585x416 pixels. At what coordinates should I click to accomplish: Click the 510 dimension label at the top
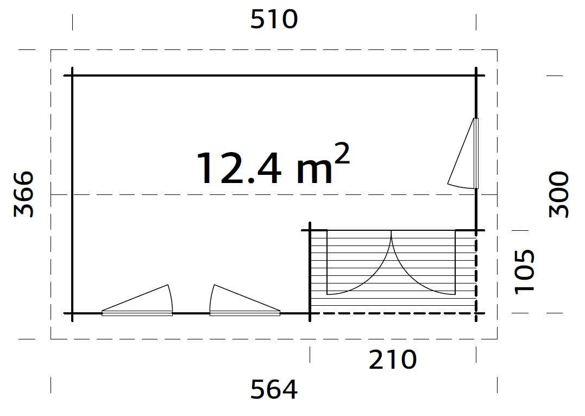pos(274,20)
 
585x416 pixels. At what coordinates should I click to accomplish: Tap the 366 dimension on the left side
pos(23,194)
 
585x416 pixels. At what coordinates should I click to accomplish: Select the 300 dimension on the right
pos(559,194)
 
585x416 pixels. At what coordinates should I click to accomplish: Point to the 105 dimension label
pos(525,271)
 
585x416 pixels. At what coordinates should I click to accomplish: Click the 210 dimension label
pos(393,360)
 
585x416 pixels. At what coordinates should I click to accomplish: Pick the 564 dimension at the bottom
pos(274,389)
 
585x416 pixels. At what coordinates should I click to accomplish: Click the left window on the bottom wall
pos(138,302)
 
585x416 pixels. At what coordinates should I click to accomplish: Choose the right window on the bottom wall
pos(244,302)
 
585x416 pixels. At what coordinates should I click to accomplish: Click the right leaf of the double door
pos(423,263)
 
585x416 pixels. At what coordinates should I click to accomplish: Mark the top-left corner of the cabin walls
pos(72,75)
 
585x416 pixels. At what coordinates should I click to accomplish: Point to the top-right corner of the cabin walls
pos(476,75)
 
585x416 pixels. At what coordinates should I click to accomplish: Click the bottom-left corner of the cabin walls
pos(72,313)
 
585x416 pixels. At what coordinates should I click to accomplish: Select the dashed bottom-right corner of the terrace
pos(476,313)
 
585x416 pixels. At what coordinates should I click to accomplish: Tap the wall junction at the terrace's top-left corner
pos(310,231)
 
